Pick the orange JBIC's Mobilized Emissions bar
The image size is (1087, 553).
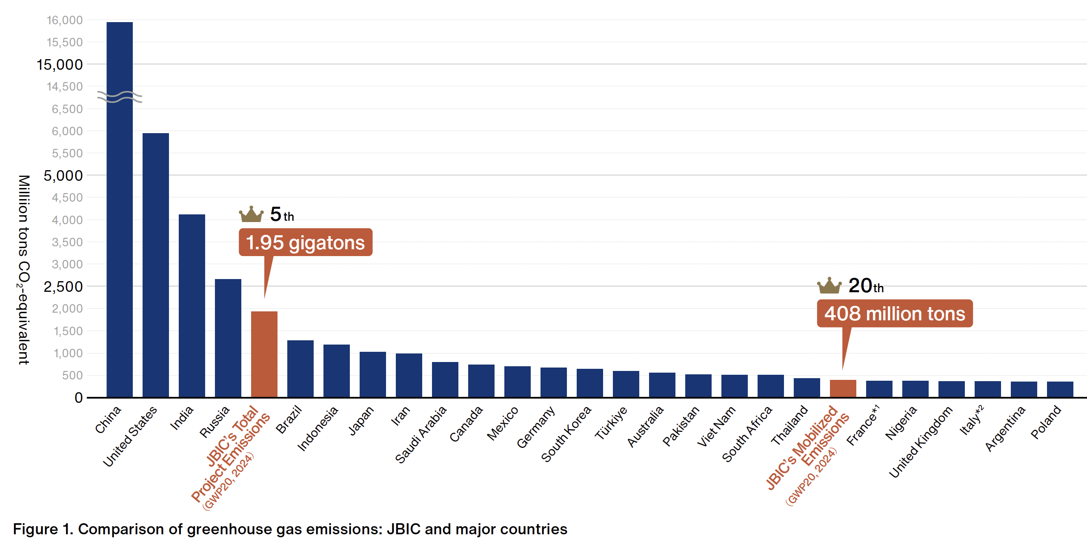point(843,388)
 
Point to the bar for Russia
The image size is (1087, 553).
point(228,338)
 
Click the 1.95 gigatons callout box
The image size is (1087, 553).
point(305,242)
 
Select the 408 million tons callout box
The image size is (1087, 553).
point(894,314)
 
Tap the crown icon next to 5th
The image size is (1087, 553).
point(251,214)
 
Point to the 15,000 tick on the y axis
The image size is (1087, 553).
point(60,65)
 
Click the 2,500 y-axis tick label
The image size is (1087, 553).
point(63,287)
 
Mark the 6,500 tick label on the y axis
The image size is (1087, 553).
point(67,109)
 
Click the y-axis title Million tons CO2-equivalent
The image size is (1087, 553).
point(24,270)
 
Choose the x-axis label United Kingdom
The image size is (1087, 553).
point(920,442)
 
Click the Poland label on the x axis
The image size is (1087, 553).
point(1046,422)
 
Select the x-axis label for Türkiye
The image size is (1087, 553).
point(611,422)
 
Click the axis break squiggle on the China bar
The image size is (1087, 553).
point(120,97)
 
